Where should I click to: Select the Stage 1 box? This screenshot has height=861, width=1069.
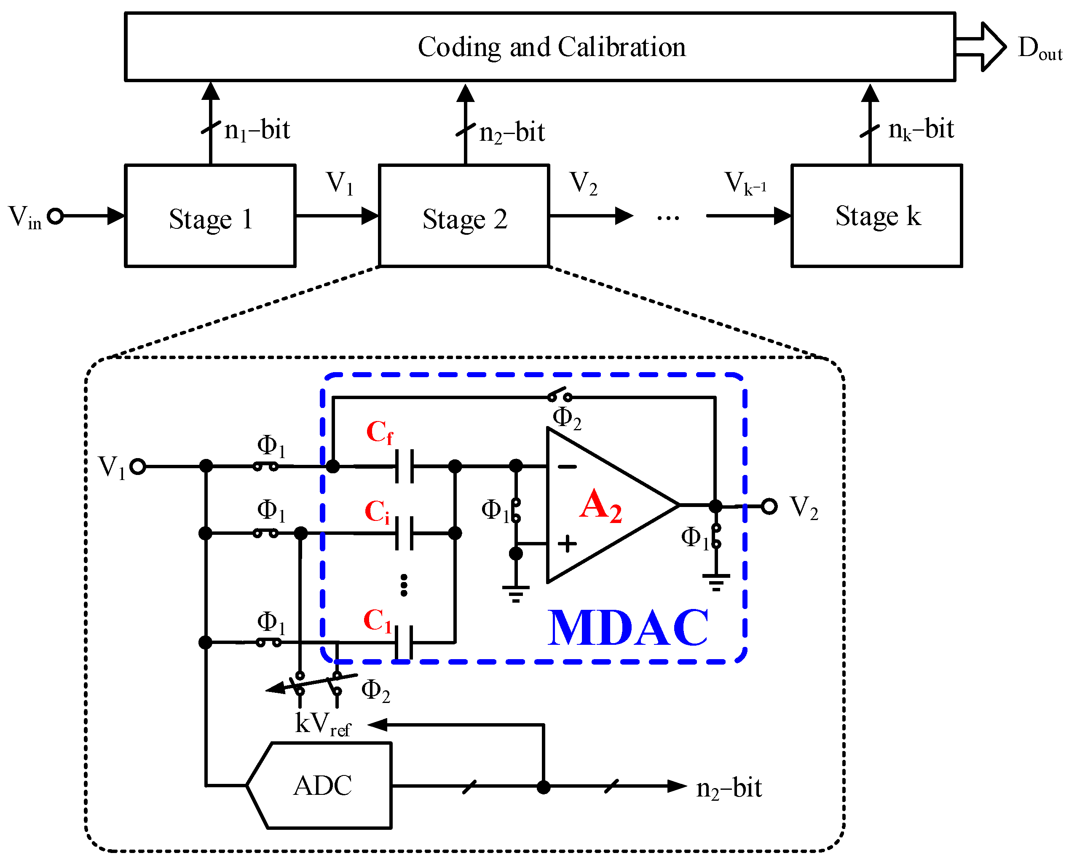click(210, 216)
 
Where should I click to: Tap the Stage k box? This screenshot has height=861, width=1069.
click(876, 216)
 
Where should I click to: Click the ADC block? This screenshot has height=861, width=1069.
click(322, 786)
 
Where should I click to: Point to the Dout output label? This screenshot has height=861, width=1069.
click(1039, 48)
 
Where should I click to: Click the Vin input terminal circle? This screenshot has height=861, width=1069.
click(56, 216)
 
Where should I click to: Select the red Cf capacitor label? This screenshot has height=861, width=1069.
click(379, 432)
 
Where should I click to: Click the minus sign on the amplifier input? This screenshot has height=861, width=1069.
click(567, 466)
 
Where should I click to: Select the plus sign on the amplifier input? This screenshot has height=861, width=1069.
click(567, 544)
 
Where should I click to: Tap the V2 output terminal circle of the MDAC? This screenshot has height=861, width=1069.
click(769, 507)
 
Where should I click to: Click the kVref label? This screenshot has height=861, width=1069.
click(322, 724)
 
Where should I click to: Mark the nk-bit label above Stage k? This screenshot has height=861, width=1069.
click(921, 130)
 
